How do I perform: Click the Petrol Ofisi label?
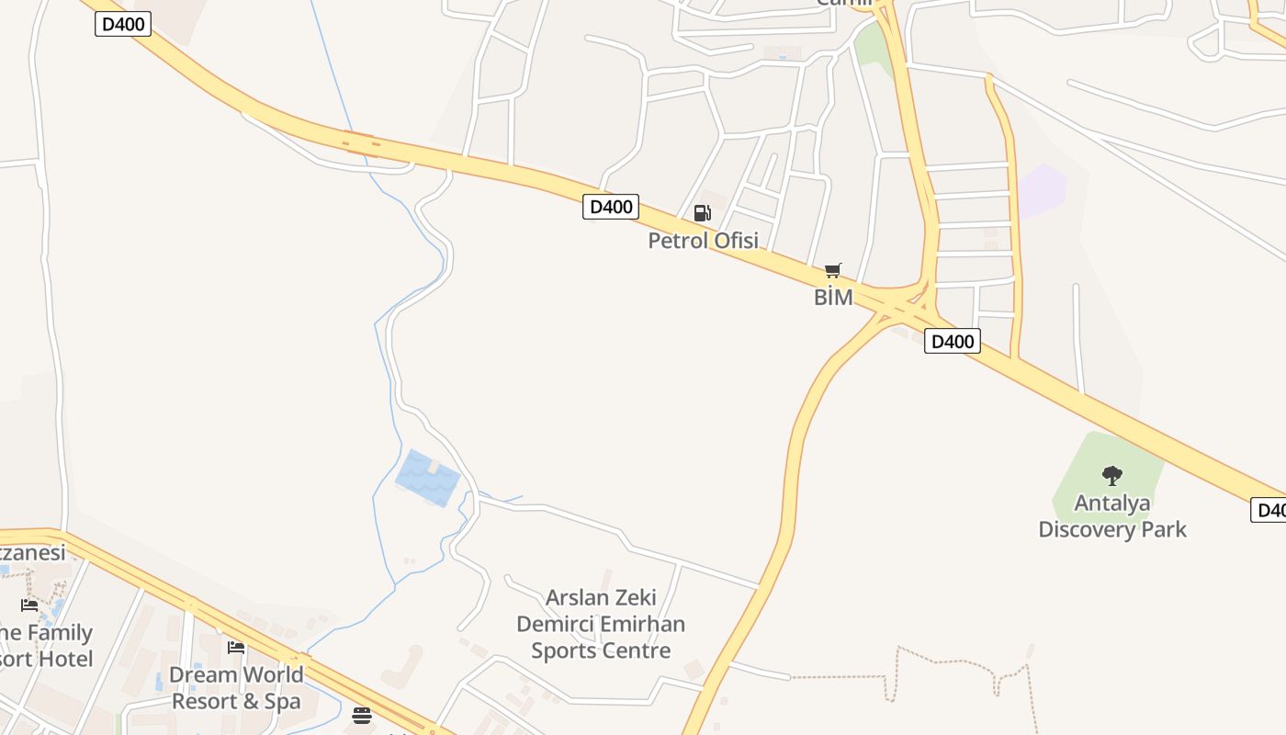click(703, 241)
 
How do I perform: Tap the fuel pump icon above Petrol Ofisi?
click(702, 213)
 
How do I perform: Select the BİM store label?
click(833, 297)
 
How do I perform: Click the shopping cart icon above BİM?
click(832, 270)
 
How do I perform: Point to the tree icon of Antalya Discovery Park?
click(1111, 475)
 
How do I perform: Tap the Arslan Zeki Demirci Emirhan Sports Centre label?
click(600, 624)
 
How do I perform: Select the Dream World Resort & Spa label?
click(236, 687)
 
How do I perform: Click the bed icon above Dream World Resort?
click(236, 648)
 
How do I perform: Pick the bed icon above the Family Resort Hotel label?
click(29, 605)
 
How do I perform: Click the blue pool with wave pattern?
click(428, 478)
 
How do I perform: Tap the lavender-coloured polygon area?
click(1043, 190)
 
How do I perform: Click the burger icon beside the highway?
click(362, 715)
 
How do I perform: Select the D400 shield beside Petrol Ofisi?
click(610, 207)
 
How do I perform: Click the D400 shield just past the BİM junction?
click(952, 342)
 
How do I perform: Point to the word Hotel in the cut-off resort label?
click(64, 659)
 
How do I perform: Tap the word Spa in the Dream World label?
click(283, 701)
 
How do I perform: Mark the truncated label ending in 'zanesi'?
click(33, 552)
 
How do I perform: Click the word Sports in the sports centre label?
click(563, 650)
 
